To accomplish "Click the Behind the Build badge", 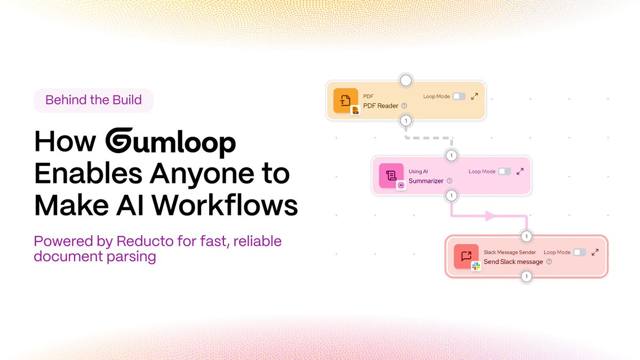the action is tap(93, 100).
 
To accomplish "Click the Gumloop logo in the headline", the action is tap(170, 143).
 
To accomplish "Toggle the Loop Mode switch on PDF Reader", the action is tap(459, 97).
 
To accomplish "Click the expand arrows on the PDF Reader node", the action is tap(475, 97).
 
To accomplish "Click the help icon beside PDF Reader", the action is tap(404, 106).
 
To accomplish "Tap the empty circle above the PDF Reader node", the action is tap(406, 81).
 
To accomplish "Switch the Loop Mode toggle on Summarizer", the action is tap(504, 172).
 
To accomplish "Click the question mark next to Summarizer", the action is tap(450, 181).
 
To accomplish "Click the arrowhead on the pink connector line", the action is tap(490, 216).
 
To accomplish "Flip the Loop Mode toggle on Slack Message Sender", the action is tap(579, 252).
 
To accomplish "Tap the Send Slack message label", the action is tap(513, 262).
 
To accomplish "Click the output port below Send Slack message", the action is tap(526, 276).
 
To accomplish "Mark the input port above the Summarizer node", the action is tap(451, 156).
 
